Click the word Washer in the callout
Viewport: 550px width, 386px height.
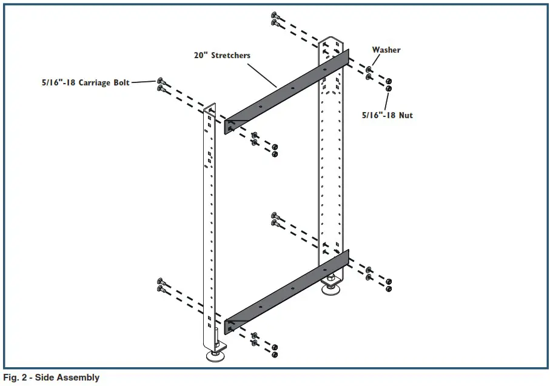[386, 50]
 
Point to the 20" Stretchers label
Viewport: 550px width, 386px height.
[222, 55]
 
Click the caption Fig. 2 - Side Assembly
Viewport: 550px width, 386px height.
[51, 378]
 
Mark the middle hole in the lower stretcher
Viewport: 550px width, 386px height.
[292, 288]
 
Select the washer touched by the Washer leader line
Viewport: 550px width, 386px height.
[369, 70]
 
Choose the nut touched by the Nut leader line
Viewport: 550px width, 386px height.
[389, 88]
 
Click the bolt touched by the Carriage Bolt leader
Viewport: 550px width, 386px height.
[161, 81]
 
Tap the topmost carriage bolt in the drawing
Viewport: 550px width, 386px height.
[275, 15]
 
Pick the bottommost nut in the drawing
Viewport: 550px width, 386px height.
[275, 354]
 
